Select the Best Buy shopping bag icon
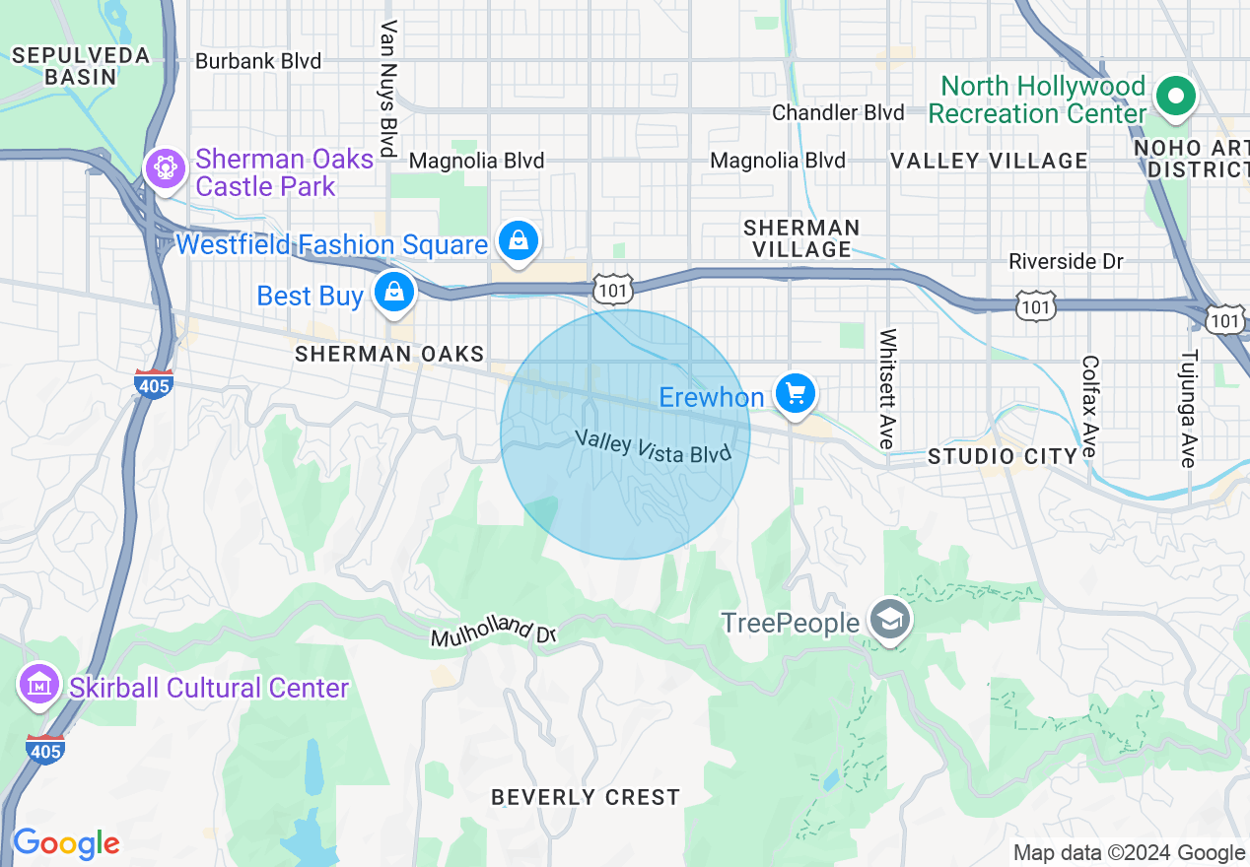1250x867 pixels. (x=394, y=294)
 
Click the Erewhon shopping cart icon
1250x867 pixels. (x=795, y=395)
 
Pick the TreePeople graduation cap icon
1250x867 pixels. (x=890, y=621)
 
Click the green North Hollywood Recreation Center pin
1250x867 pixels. (x=1175, y=97)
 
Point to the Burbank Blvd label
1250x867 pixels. (x=258, y=61)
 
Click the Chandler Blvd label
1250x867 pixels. (x=838, y=112)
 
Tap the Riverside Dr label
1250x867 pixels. (x=1067, y=262)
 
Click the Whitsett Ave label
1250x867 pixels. (x=887, y=389)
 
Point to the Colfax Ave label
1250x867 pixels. (x=1089, y=406)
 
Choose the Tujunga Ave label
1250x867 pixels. (x=1189, y=408)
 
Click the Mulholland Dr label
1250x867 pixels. (x=494, y=634)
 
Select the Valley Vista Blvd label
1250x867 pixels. (x=653, y=445)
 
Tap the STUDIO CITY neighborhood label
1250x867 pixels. (x=1003, y=456)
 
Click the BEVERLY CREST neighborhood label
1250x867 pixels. (x=586, y=797)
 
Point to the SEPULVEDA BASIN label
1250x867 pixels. (x=81, y=65)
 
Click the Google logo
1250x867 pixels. (x=66, y=843)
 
